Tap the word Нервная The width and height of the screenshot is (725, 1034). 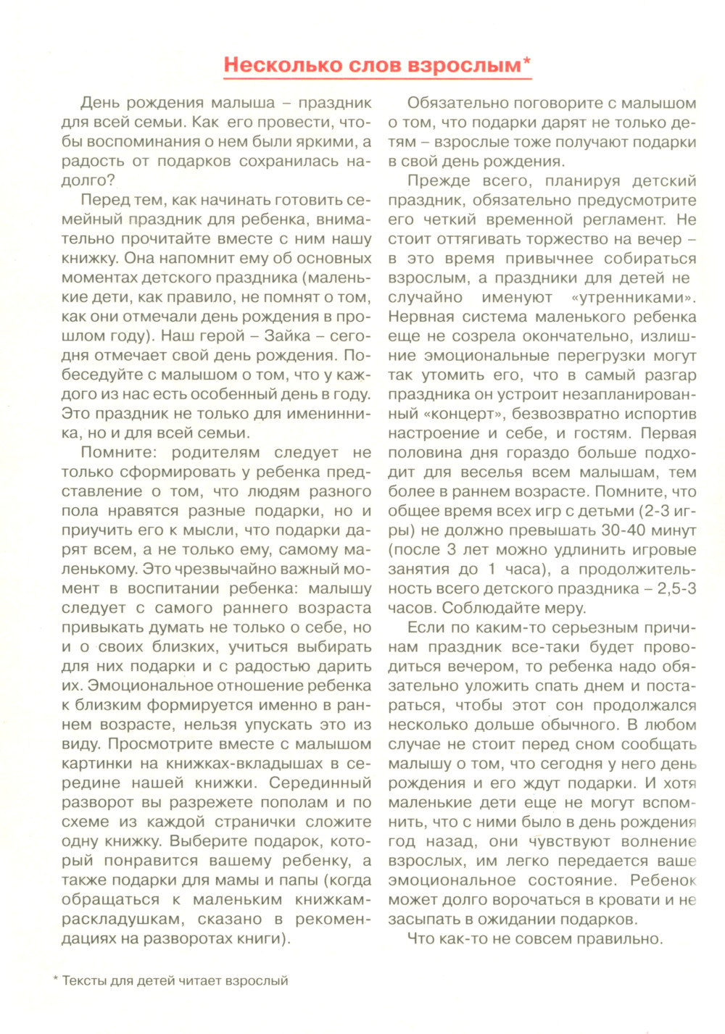(420, 317)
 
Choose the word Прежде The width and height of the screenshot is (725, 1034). (435, 181)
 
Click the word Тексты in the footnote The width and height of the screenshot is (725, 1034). (83, 981)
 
